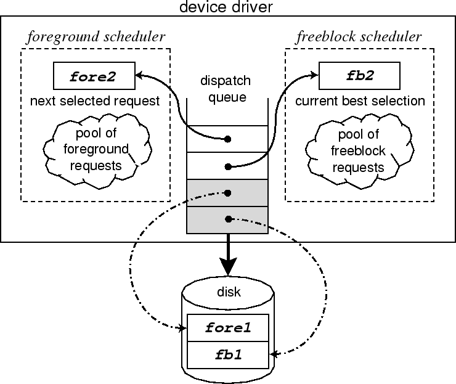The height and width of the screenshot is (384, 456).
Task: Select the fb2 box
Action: pyautogui.click(x=359, y=76)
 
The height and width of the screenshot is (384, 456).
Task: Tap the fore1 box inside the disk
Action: pyautogui.click(x=227, y=328)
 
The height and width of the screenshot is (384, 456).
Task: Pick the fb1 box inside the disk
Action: pyautogui.click(x=227, y=354)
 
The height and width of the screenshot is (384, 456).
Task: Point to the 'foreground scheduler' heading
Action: pyautogui.click(x=96, y=36)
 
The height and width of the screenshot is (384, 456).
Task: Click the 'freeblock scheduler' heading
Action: pyautogui.click(x=359, y=36)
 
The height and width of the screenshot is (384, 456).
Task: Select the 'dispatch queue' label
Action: pyautogui.click(x=227, y=88)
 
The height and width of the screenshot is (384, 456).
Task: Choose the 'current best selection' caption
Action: pyautogui.click(x=360, y=100)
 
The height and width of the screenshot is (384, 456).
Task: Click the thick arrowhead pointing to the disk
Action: pyautogui.click(x=227, y=267)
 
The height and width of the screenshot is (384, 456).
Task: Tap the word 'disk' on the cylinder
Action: pyautogui.click(x=228, y=292)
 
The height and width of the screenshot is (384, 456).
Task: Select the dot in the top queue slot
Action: pyautogui.click(x=227, y=139)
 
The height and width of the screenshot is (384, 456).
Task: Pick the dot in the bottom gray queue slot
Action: pyautogui.click(x=227, y=219)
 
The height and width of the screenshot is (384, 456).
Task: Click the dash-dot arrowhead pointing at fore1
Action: pyautogui.click(x=183, y=329)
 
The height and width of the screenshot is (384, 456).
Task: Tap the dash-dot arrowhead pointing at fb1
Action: pyautogui.click(x=273, y=354)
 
